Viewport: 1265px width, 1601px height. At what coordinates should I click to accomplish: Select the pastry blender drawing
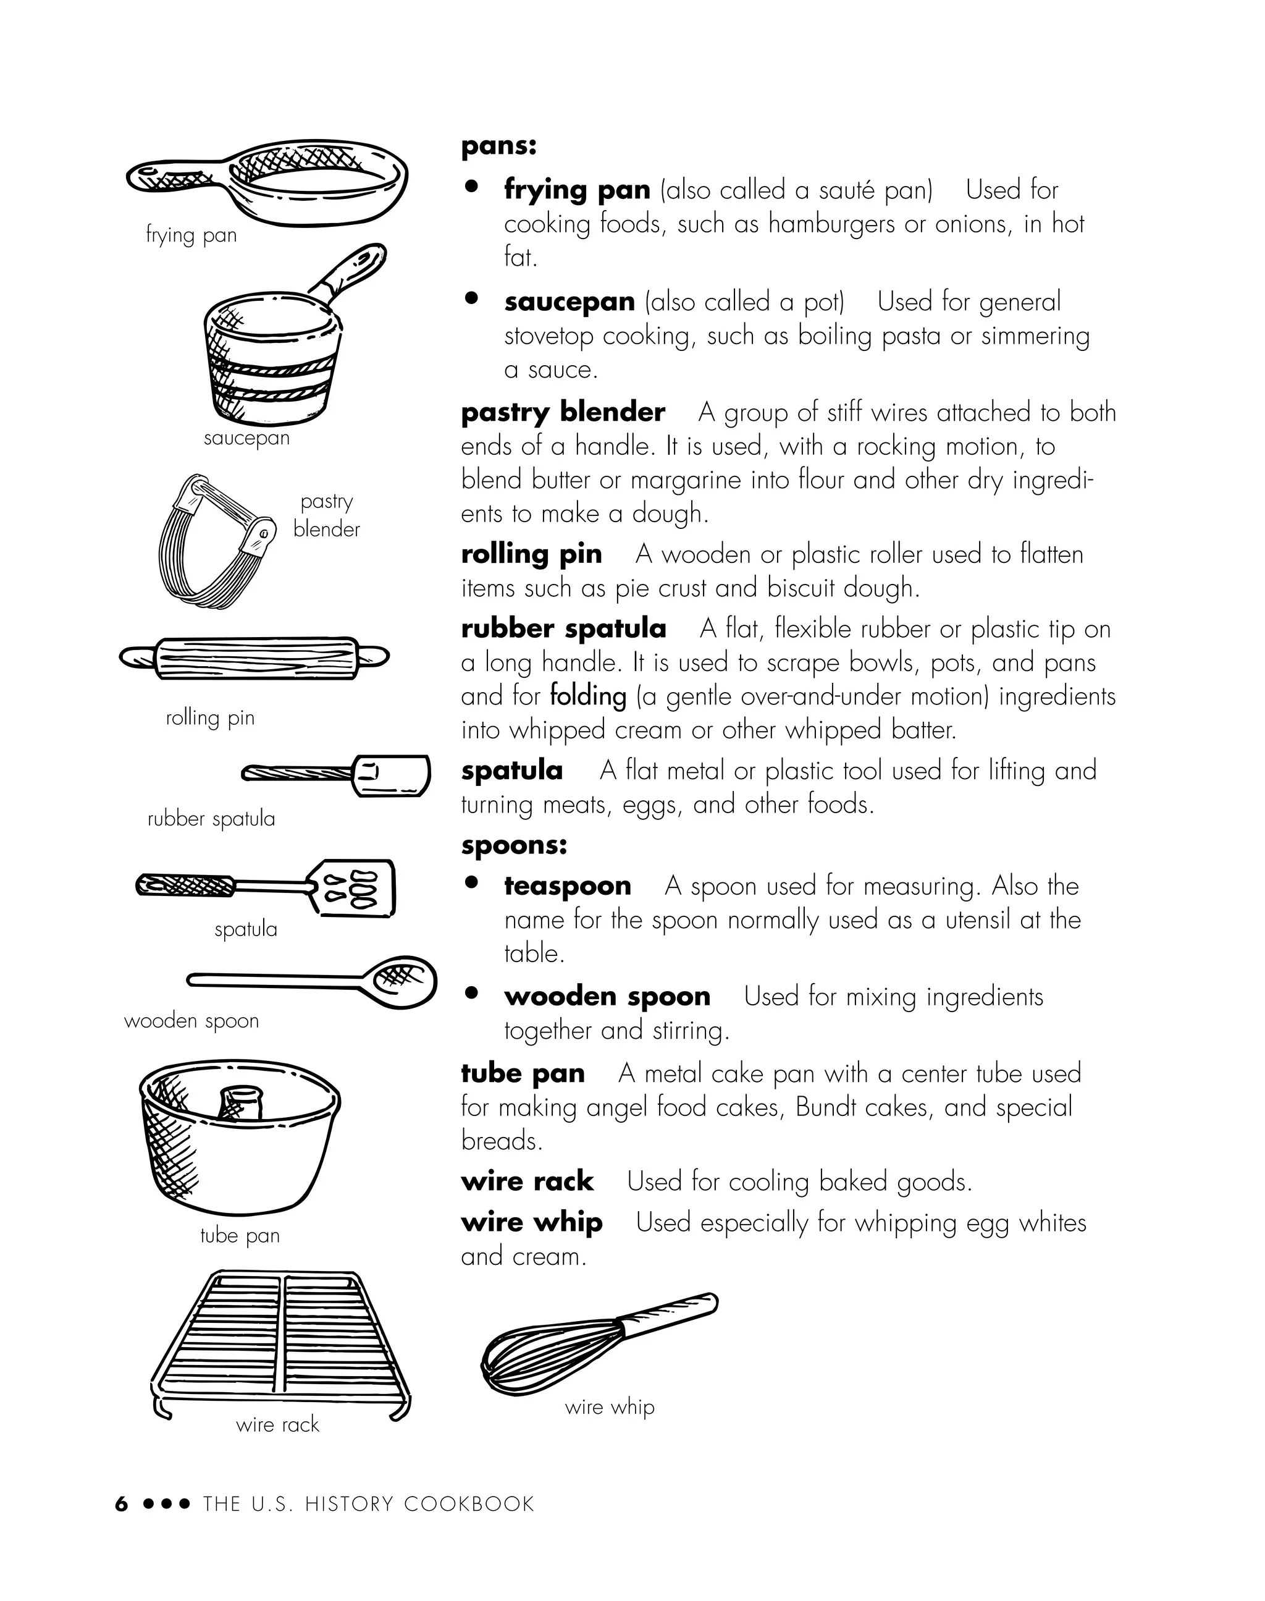tap(211, 537)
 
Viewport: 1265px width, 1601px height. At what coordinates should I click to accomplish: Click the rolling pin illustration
tap(254, 657)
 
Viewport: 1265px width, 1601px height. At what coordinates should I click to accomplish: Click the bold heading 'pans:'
tap(498, 145)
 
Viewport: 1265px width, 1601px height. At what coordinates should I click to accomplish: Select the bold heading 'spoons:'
tap(513, 845)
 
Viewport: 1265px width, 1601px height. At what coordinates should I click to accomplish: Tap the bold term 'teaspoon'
tap(567, 886)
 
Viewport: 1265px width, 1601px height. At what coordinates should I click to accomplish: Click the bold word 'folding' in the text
tap(588, 696)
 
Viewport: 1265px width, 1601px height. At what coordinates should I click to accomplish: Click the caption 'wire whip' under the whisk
tap(610, 1406)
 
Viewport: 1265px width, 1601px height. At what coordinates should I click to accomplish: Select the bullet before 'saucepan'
tap(471, 298)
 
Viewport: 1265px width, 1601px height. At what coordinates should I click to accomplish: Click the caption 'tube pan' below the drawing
tap(240, 1235)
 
